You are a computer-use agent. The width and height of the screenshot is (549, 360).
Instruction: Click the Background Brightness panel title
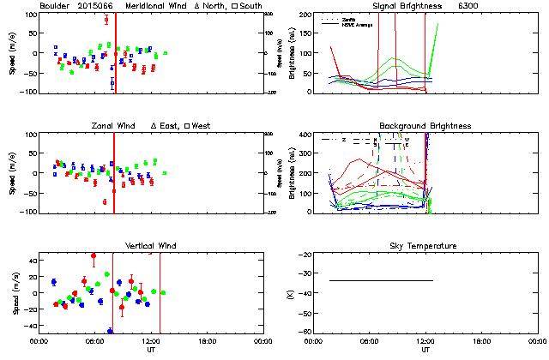click(425, 126)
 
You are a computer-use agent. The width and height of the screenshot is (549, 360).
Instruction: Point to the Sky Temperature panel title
click(425, 246)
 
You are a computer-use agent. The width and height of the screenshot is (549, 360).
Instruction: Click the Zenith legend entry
click(351, 18)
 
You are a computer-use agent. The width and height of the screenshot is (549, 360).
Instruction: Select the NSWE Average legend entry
click(356, 23)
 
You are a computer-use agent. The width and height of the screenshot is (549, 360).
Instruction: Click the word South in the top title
click(253, 6)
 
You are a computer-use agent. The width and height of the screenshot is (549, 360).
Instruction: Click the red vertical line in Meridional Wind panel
click(115, 51)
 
